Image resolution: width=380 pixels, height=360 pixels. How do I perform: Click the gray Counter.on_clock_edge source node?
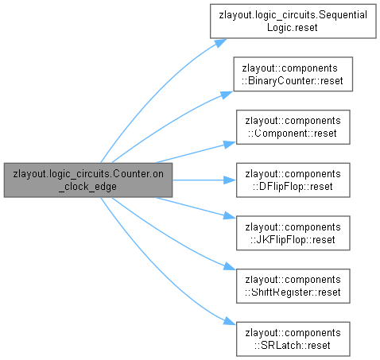coord(88,180)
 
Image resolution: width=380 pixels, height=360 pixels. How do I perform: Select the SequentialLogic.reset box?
coord(293,21)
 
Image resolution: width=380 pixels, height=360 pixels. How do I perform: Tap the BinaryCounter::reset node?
coord(293,74)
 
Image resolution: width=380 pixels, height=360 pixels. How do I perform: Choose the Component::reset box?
coord(293,127)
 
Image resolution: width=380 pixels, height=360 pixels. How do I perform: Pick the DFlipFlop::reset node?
coord(293,180)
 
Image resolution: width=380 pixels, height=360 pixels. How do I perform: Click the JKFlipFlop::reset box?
coord(293,233)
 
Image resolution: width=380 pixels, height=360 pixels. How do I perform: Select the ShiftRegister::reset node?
coord(293,286)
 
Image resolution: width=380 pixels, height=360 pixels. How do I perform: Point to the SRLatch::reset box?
coord(293,339)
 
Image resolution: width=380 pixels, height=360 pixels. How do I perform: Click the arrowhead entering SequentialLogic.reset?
coord(220,43)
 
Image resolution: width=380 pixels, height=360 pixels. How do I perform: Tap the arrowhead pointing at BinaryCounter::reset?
coord(227,95)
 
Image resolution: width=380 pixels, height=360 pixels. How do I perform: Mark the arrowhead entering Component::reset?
coord(230,145)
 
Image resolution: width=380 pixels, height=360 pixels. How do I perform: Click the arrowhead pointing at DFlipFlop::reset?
coord(230,180)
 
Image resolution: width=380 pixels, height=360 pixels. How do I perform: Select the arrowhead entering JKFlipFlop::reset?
coord(230,215)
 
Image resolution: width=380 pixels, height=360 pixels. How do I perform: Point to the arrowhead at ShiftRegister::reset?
coord(230,266)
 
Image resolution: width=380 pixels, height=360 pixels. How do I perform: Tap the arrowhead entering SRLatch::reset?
coord(230,321)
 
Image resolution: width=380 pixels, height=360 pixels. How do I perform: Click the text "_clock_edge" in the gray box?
coord(87,187)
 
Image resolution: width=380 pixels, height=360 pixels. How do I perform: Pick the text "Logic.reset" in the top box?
coord(293,28)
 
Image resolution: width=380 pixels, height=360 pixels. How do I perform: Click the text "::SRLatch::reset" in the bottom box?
coord(293,346)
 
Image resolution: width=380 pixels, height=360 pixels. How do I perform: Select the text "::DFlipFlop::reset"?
coord(293,187)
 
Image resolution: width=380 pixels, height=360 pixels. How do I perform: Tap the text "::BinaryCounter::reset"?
coord(293,80)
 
